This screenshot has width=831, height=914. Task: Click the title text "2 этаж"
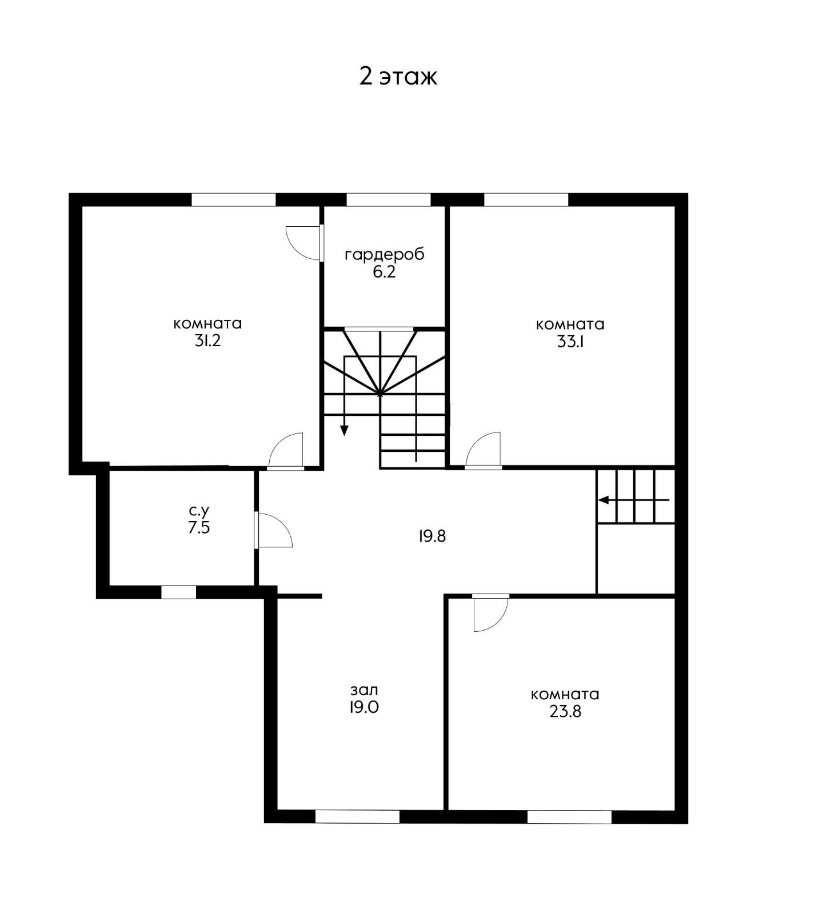click(x=398, y=76)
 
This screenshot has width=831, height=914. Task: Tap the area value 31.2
click(x=207, y=342)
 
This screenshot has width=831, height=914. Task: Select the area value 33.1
click(x=570, y=342)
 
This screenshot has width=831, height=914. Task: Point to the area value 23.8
click(x=565, y=712)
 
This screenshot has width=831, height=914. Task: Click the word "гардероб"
click(x=385, y=255)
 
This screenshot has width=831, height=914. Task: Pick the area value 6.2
click(x=384, y=272)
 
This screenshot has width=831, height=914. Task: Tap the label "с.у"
click(x=199, y=510)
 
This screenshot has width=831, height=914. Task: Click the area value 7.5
click(x=199, y=527)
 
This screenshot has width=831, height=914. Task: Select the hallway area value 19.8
click(x=432, y=536)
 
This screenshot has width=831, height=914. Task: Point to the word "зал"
click(x=364, y=690)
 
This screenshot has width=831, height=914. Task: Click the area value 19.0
click(x=364, y=708)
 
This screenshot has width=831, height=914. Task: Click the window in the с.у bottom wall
click(x=178, y=592)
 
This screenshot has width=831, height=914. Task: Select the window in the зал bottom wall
click(x=357, y=817)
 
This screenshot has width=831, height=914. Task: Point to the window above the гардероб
click(x=389, y=200)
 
